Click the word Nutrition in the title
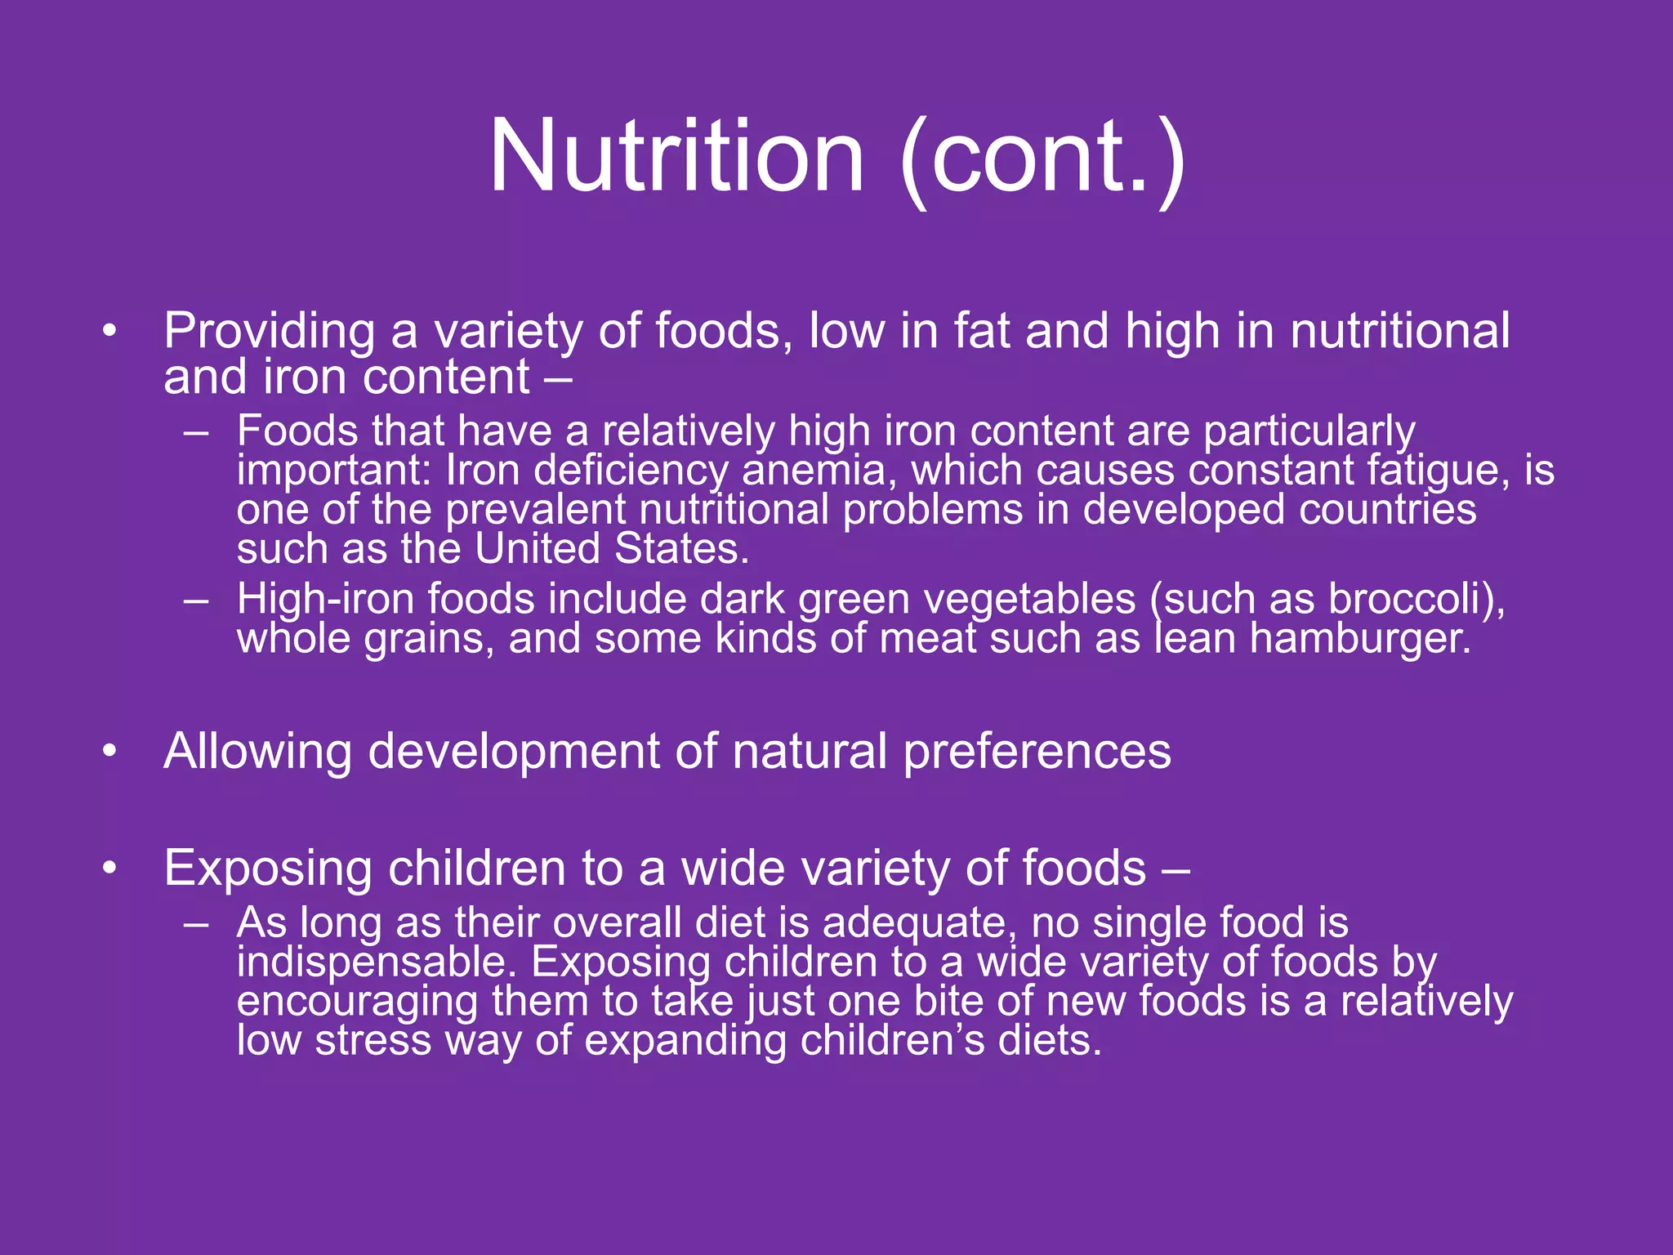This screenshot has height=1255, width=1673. click(x=676, y=155)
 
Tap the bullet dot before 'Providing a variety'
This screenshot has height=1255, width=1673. click(x=110, y=332)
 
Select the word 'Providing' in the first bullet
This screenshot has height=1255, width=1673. click(x=270, y=332)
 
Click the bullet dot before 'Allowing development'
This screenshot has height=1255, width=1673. click(x=110, y=752)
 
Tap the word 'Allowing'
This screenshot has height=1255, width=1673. click(x=257, y=752)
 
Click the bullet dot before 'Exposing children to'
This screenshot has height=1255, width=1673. click(x=110, y=869)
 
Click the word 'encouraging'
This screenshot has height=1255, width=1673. click(x=357, y=1001)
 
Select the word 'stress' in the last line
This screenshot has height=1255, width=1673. click(x=373, y=1040)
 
